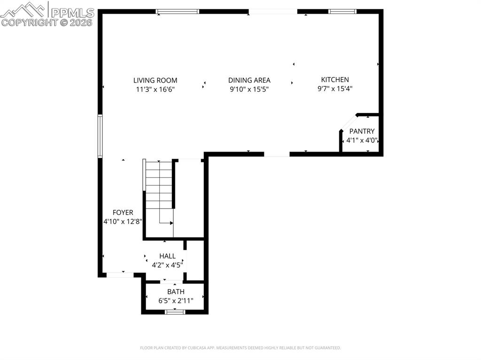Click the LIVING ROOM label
click(155, 80)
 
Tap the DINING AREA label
click(249, 80)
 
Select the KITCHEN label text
click(334, 80)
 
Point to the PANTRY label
click(362, 131)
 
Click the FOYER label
click(123, 212)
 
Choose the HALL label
click(167, 256)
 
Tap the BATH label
click(176, 291)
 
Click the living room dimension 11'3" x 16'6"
click(155, 90)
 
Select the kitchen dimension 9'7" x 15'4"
click(334, 89)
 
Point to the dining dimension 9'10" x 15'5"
click(249, 89)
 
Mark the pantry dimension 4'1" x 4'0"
click(362, 140)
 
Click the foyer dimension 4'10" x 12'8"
click(123, 222)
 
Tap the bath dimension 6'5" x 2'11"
click(176, 301)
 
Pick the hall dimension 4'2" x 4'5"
click(167, 265)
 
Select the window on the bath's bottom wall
click(175, 312)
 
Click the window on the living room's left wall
click(100, 136)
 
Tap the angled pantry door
click(349, 123)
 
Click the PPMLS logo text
click(72, 13)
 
